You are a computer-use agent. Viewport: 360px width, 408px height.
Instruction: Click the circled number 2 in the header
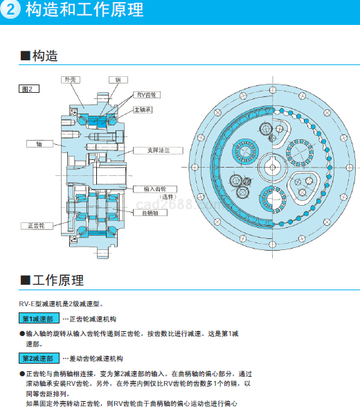(x=10, y=10)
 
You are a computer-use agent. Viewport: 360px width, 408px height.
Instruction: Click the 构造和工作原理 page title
(x=84, y=10)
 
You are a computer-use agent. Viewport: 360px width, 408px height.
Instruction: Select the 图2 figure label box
(x=29, y=89)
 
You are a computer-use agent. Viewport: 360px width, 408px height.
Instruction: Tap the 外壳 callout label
(x=71, y=80)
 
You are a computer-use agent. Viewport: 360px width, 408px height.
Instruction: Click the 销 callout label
(x=118, y=80)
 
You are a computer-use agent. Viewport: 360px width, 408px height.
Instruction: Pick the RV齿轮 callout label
(x=147, y=95)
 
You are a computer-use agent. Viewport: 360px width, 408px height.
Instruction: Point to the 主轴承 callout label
(x=143, y=110)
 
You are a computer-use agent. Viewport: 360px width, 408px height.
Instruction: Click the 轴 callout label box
(x=39, y=143)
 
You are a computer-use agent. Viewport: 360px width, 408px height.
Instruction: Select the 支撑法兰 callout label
(x=158, y=150)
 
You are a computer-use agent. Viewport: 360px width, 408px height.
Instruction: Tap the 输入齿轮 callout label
(x=155, y=189)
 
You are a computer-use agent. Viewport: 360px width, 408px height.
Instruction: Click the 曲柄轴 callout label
(x=150, y=213)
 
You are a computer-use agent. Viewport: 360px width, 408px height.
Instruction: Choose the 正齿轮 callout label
(x=37, y=226)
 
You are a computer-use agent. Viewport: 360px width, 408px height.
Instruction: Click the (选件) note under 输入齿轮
(x=168, y=197)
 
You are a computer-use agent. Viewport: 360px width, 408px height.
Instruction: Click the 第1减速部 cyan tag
(x=39, y=318)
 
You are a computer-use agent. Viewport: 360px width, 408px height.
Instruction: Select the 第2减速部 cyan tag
(x=39, y=358)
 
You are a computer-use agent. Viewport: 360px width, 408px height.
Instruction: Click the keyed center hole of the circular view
(x=273, y=167)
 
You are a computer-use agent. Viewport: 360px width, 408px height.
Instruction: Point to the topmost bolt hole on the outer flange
(x=273, y=90)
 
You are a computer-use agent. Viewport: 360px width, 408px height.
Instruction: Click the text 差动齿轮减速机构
(x=96, y=359)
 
